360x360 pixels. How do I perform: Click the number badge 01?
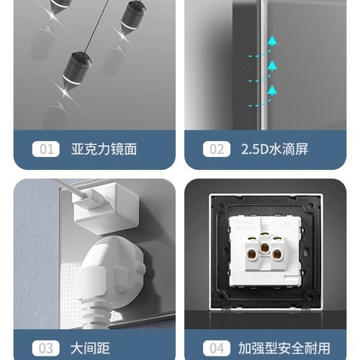click(x=48, y=150)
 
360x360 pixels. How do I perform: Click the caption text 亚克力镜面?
click(x=104, y=150)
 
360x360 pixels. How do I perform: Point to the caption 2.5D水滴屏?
click(x=274, y=150)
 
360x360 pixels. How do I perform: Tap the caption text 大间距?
click(x=91, y=348)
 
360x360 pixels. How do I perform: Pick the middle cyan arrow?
click(x=273, y=67)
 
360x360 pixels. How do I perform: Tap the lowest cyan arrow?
click(x=273, y=91)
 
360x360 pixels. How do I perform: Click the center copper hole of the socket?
click(x=266, y=253)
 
